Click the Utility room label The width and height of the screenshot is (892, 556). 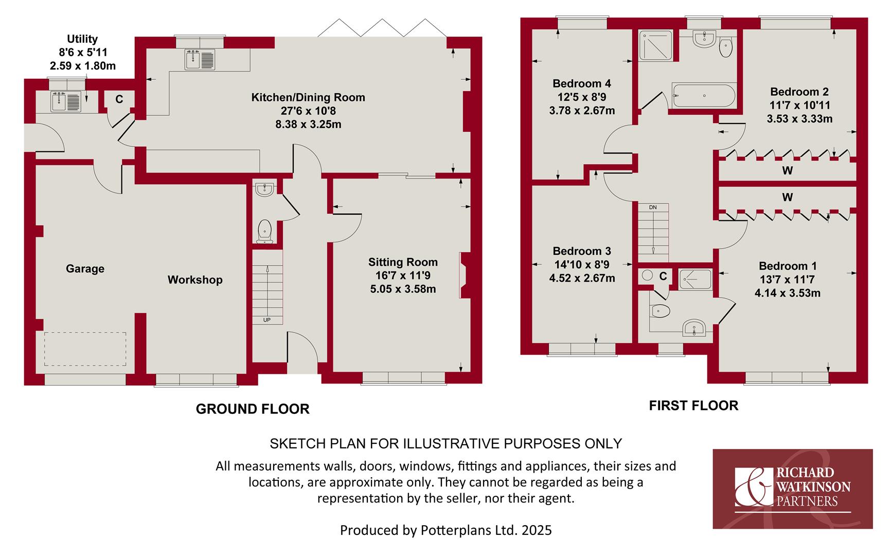click(82, 39)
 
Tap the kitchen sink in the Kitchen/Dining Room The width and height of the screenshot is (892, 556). click(200, 60)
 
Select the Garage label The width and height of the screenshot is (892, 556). click(85, 269)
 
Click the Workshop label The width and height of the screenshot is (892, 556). click(195, 280)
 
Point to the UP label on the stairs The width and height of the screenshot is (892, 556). click(267, 320)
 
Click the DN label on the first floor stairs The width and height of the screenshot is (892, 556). click(653, 207)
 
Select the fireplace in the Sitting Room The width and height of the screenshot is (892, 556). click(464, 275)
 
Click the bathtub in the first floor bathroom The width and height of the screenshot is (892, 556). click(704, 95)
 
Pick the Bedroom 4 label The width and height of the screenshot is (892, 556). click(582, 83)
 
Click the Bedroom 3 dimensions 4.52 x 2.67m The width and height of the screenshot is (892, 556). click(582, 278)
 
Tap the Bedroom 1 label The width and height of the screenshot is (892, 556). click(788, 266)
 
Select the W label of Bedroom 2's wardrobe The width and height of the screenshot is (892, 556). click(788, 170)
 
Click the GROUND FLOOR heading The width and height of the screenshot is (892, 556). click(253, 409)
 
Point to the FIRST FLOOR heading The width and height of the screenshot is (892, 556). click(693, 406)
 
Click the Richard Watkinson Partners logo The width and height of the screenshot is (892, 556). click(792, 489)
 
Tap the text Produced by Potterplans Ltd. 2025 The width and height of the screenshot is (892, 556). click(445, 530)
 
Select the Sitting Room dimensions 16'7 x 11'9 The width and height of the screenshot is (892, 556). click(403, 275)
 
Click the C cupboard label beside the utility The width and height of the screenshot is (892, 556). click(119, 99)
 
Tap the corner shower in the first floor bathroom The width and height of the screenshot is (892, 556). click(655, 47)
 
